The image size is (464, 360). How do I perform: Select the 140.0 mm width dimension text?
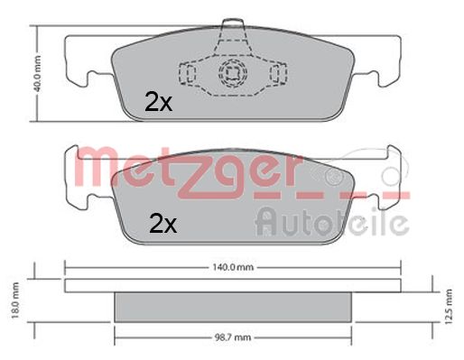pyautogui.click(x=232, y=267)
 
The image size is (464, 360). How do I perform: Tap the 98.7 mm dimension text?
pyautogui.click(x=232, y=339)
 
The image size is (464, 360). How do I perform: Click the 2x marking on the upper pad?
pyautogui.click(x=158, y=103)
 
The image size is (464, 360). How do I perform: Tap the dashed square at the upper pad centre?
pyautogui.click(x=232, y=73)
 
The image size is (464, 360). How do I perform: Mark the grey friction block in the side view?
pyautogui.click(x=232, y=307)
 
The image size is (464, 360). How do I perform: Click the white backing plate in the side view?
pyautogui.click(x=232, y=285)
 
